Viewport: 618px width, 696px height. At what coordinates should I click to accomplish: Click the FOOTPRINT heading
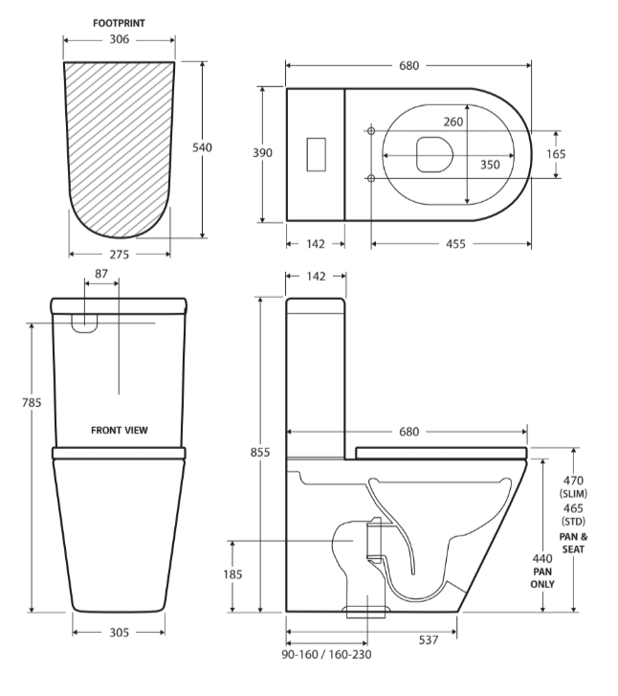click(x=120, y=21)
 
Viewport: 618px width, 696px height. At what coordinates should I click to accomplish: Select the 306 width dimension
click(x=120, y=40)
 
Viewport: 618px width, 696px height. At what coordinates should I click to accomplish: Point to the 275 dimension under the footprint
click(x=120, y=254)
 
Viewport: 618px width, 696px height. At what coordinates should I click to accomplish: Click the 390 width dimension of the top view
click(x=262, y=153)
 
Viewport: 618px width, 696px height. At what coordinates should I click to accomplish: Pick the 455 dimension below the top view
click(x=454, y=243)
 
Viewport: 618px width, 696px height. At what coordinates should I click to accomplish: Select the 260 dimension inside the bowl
click(x=452, y=122)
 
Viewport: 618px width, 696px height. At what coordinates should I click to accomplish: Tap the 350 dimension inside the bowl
click(x=490, y=164)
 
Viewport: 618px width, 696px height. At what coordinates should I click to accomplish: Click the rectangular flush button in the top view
click(x=316, y=154)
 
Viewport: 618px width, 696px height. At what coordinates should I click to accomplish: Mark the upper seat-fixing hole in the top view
click(x=370, y=130)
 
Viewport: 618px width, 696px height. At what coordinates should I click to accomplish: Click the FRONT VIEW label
click(x=120, y=431)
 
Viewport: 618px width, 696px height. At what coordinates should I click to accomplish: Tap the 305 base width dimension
click(x=120, y=632)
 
